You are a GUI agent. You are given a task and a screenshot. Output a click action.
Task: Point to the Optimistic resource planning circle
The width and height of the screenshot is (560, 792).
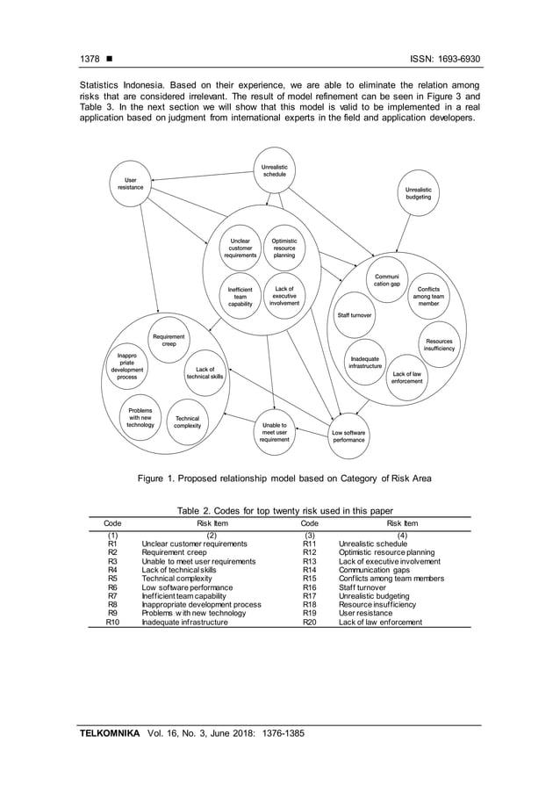(x=284, y=248)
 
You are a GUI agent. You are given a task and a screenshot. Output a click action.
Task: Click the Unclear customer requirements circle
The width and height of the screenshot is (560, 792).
(x=240, y=248)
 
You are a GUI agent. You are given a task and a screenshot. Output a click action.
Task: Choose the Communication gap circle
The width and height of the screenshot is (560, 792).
(x=386, y=279)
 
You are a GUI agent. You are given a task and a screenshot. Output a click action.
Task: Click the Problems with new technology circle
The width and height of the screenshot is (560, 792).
(x=140, y=417)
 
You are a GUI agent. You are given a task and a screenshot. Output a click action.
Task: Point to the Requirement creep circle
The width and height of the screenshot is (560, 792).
(x=169, y=341)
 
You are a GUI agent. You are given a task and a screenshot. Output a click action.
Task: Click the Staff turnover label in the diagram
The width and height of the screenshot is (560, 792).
(x=355, y=313)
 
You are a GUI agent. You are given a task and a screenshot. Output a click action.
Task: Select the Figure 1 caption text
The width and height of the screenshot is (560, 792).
(x=279, y=478)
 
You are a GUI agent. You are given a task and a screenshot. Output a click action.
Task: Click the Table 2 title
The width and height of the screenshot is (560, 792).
(x=279, y=512)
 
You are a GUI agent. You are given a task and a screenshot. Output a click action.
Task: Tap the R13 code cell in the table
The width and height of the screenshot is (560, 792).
(x=309, y=561)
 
